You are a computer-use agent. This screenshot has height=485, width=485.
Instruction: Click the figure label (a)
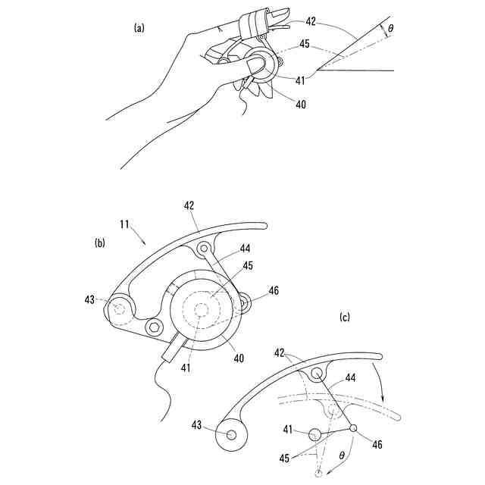pos(139,28)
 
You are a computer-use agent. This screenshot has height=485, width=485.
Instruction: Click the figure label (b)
pos(99,243)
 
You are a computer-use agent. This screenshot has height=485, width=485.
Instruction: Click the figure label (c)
pos(345,318)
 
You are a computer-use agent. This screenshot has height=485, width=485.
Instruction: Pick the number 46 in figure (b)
pos(273,289)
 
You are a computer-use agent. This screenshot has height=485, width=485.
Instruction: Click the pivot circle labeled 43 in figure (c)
pos(231,434)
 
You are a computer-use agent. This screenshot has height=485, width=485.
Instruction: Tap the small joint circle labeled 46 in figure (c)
pos(353,428)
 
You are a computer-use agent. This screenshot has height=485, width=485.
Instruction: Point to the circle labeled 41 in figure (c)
pos(314,434)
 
